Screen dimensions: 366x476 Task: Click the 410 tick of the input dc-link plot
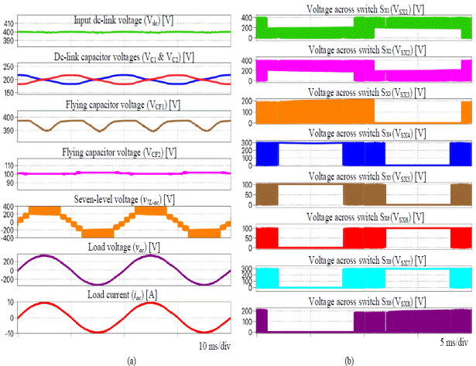click(9, 24)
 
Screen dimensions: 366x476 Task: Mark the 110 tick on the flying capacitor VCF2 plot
click(9, 165)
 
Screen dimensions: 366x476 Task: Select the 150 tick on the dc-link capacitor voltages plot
click(9, 93)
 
